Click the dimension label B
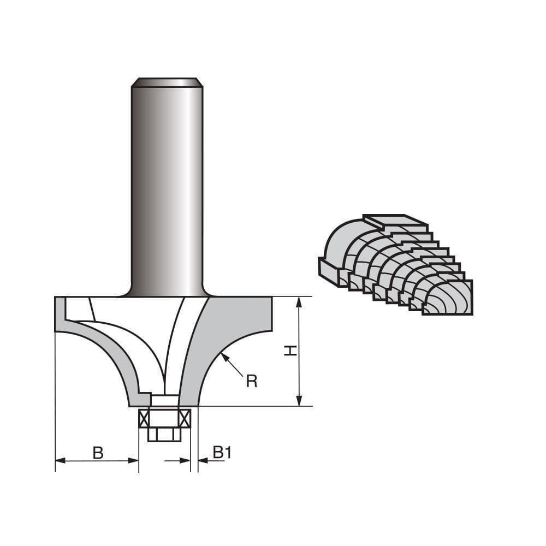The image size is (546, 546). pos(98,453)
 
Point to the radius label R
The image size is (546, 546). pos(251,381)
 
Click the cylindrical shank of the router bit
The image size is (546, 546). pos(167,186)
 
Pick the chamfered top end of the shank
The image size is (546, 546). pos(167,83)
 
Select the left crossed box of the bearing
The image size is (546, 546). pos(144,418)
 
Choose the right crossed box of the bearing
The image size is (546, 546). pos(185,418)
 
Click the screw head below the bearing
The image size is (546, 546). pos(164,434)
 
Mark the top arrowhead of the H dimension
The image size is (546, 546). pos(299,302)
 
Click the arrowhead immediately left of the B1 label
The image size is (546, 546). pos(202,461)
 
